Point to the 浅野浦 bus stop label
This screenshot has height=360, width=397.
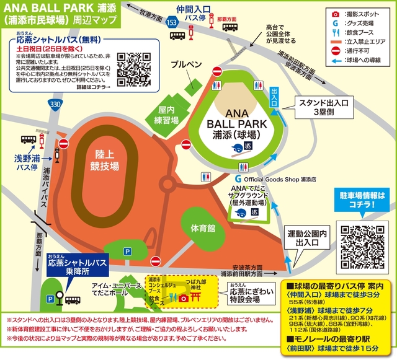[27, 162]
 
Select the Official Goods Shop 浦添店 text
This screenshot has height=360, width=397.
[279, 178]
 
